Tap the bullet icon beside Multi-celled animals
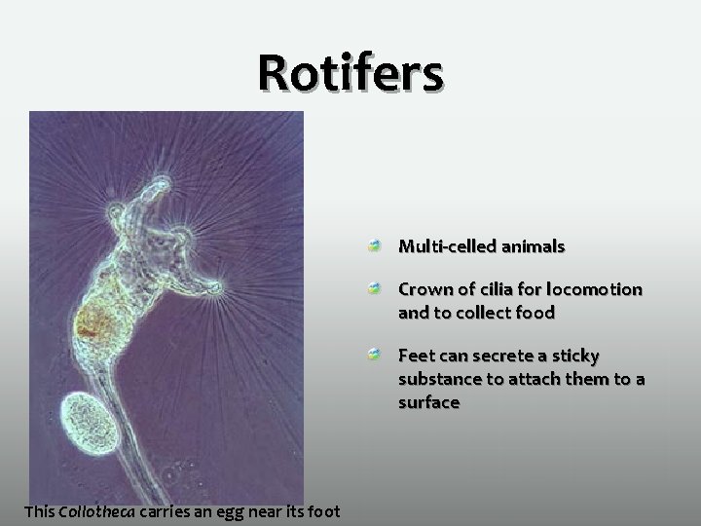pyautogui.click(x=374, y=247)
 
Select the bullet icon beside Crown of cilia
pyautogui.click(x=374, y=290)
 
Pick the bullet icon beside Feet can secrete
pyautogui.click(x=374, y=357)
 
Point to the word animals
pyautogui.click(x=532, y=247)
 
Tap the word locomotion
pyautogui.click(x=594, y=290)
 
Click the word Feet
pyautogui.click(x=418, y=357)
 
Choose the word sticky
pyautogui.click(x=574, y=357)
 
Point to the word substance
pyautogui.click(x=441, y=379)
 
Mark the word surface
pyautogui.click(x=428, y=401)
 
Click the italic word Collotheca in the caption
pyautogui.click(x=96, y=510)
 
